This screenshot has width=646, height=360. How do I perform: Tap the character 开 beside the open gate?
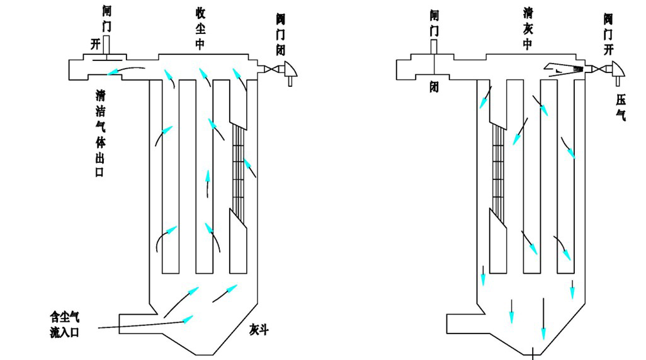(95, 45)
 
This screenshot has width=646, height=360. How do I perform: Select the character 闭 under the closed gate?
(434, 86)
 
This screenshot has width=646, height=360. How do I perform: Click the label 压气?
(621, 106)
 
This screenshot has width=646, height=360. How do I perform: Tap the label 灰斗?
(259, 330)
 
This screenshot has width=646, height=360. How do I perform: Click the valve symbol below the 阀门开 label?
(615, 69)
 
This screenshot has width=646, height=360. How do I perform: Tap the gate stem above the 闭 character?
(434, 47)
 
